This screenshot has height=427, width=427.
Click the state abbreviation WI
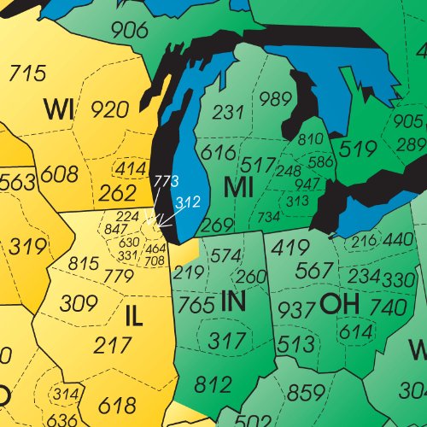[59, 108]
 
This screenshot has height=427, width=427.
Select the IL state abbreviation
[133, 316]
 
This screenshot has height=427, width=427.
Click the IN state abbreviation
[233, 301]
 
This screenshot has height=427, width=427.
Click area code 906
[129, 30]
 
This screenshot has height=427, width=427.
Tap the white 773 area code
[166, 183]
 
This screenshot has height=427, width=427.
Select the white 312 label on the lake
[187, 202]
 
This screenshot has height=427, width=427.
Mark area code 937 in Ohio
[297, 309]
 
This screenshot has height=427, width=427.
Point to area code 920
[110, 108]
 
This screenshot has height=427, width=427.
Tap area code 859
[306, 395]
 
